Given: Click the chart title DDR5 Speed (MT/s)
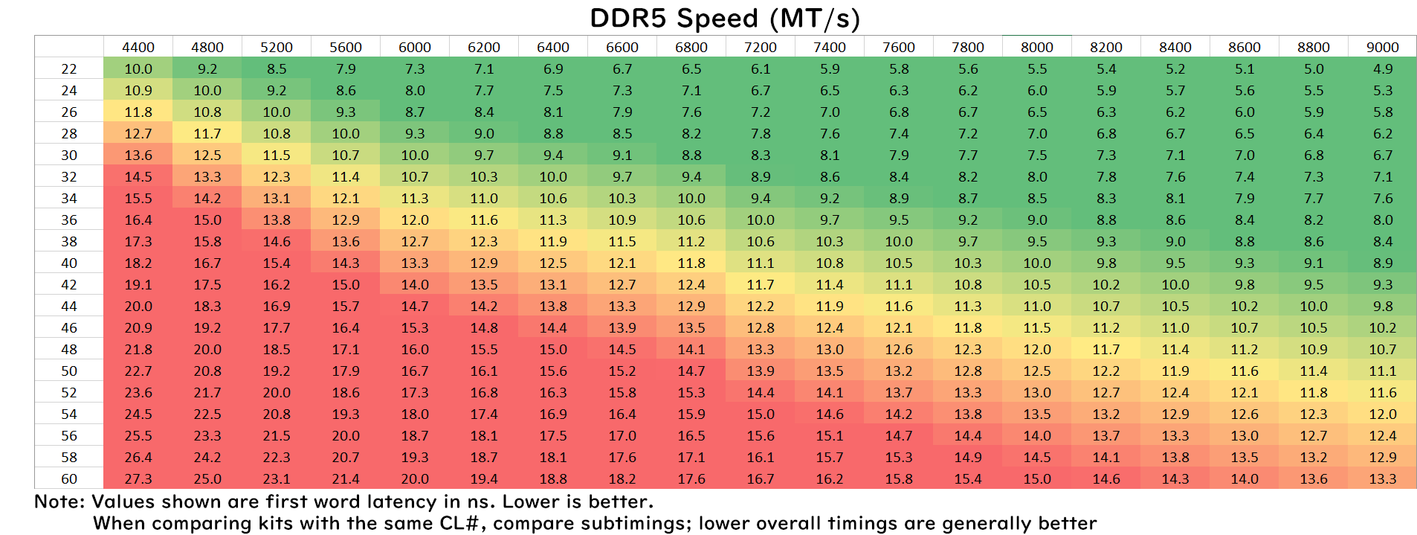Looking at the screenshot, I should [x=724, y=18].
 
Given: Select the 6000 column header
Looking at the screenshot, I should [x=415, y=47].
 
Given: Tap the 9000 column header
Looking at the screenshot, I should [x=1382, y=47].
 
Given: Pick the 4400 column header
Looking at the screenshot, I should [x=138, y=47].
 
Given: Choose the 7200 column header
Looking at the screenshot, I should [x=761, y=47].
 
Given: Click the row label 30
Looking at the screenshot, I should [x=69, y=155].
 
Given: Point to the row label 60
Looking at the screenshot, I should [x=69, y=478].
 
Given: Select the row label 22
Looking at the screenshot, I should [x=69, y=68].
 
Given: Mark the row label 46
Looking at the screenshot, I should [x=69, y=327].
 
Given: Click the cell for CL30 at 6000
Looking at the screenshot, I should [x=415, y=155].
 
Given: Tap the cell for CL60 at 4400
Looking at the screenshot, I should [x=138, y=478].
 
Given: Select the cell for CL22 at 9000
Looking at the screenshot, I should [x=1382, y=68].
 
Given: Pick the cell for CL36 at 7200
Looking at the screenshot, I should [x=761, y=220].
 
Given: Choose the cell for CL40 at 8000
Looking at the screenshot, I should [x=1037, y=263].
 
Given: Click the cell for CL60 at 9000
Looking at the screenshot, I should [x=1382, y=478].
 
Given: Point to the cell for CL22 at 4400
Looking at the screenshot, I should [x=138, y=68].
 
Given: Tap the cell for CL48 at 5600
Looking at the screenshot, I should [x=346, y=349].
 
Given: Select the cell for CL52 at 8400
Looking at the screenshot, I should [x=1175, y=392].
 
